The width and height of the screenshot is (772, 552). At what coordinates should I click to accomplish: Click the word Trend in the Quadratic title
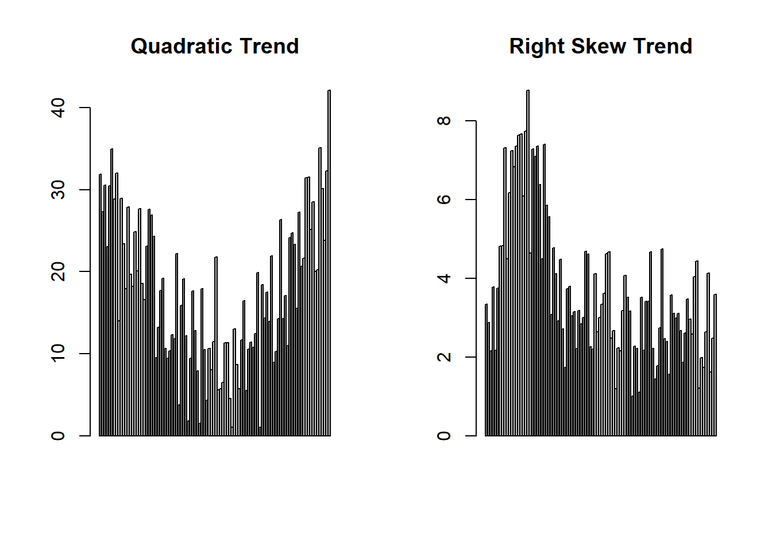[x=269, y=46]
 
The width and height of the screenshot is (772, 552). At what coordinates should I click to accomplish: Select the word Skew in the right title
[x=599, y=46]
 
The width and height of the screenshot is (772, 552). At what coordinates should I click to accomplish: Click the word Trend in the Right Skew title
[x=663, y=46]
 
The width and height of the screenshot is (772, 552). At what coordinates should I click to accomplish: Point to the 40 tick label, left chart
[x=58, y=108]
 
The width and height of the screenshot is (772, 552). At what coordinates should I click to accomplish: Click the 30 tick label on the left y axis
[x=58, y=190]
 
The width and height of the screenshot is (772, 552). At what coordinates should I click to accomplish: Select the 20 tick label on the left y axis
[x=58, y=271]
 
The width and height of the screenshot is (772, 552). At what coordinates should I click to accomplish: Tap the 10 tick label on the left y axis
[x=58, y=354]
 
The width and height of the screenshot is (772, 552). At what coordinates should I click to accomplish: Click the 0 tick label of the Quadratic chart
[x=58, y=436]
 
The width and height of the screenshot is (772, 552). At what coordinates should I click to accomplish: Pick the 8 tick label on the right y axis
[x=444, y=121]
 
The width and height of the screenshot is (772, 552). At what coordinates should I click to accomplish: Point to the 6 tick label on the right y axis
[x=444, y=200]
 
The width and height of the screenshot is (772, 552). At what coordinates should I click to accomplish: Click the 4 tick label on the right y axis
[x=444, y=278]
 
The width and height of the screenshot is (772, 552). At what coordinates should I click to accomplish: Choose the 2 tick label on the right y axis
[x=444, y=356]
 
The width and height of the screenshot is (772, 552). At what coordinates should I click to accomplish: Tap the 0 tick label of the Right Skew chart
[x=444, y=436]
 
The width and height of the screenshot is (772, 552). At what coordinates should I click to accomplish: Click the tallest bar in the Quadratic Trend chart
[x=329, y=263]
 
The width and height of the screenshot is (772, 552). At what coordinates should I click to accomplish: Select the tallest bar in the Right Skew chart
[x=528, y=263]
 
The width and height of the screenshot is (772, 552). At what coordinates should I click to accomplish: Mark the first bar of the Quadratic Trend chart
[x=101, y=305]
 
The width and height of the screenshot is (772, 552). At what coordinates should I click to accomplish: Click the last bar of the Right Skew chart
[x=715, y=365]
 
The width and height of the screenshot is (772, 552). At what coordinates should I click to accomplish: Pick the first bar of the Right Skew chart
[x=487, y=370]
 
